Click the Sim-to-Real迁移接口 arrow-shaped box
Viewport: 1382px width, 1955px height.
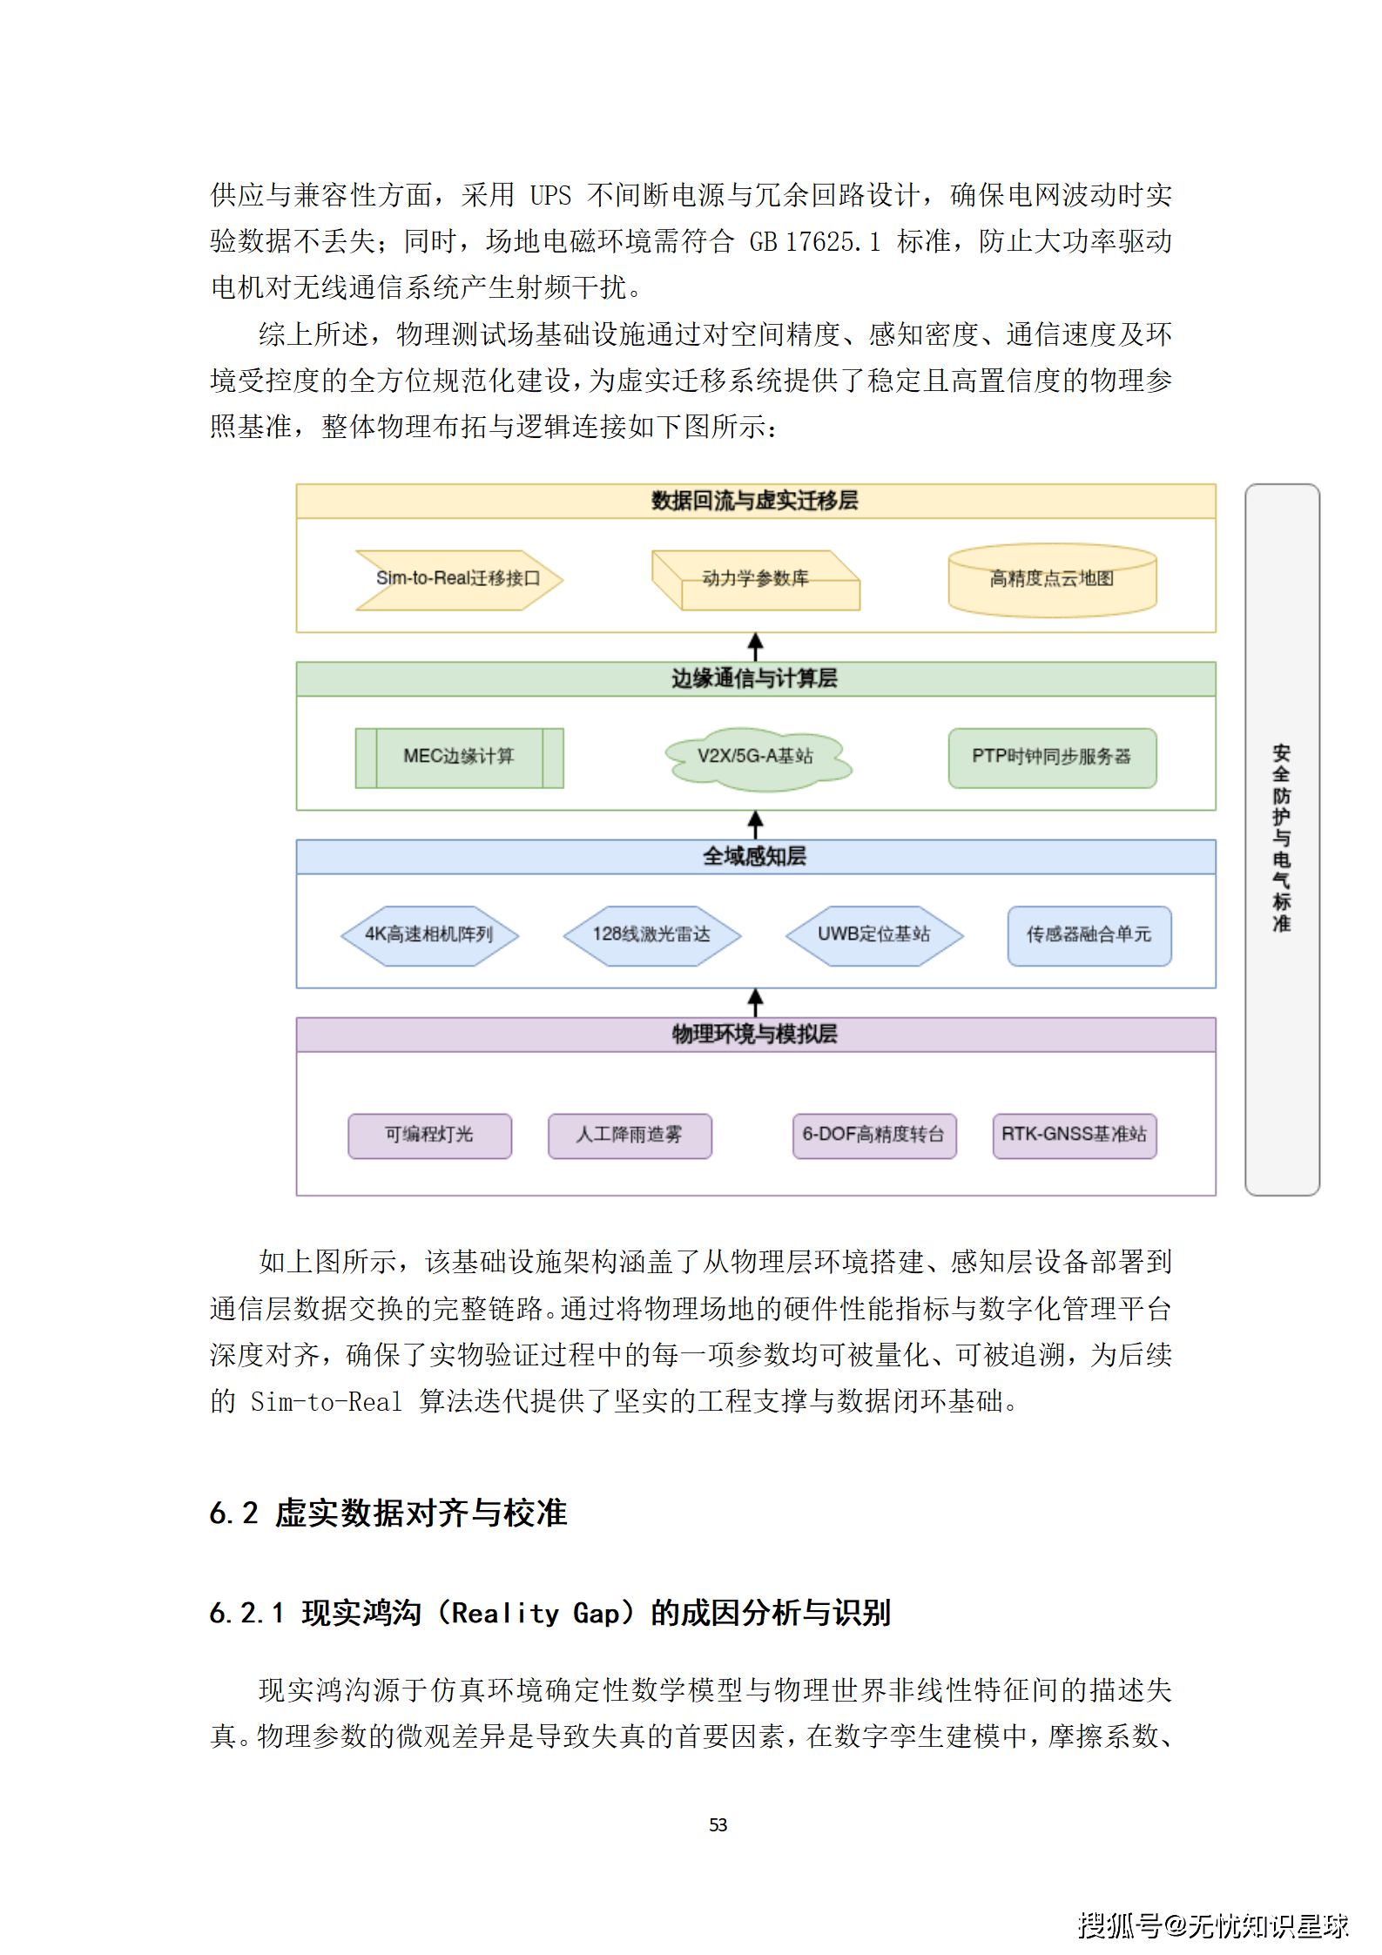(x=458, y=579)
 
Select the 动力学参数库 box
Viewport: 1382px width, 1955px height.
(x=755, y=579)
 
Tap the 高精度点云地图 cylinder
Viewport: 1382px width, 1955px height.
(x=1052, y=579)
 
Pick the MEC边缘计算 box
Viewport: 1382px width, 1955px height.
(x=459, y=757)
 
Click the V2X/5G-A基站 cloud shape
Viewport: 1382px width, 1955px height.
(x=756, y=757)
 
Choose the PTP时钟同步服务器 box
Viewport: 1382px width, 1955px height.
(x=1052, y=757)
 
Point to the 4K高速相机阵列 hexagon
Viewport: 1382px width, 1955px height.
(x=429, y=935)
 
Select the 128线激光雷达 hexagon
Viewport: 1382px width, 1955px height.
(x=651, y=935)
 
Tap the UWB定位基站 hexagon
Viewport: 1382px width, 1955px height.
(x=874, y=935)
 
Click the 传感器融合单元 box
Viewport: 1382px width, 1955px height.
(x=1089, y=935)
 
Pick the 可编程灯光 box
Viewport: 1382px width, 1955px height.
(x=429, y=1135)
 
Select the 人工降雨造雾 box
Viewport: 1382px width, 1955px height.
(x=630, y=1135)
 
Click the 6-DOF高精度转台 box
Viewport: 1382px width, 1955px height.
(x=873, y=1135)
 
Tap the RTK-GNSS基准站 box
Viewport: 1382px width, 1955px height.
(x=1074, y=1135)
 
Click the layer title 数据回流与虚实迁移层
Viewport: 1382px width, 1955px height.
(x=755, y=501)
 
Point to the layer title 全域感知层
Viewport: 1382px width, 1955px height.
(x=755, y=857)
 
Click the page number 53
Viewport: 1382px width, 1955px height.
(x=718, y=1824)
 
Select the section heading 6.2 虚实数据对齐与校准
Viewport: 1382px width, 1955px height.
(x=388, y=1513)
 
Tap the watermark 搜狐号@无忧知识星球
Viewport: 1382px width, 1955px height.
(x=1212, y=1925)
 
